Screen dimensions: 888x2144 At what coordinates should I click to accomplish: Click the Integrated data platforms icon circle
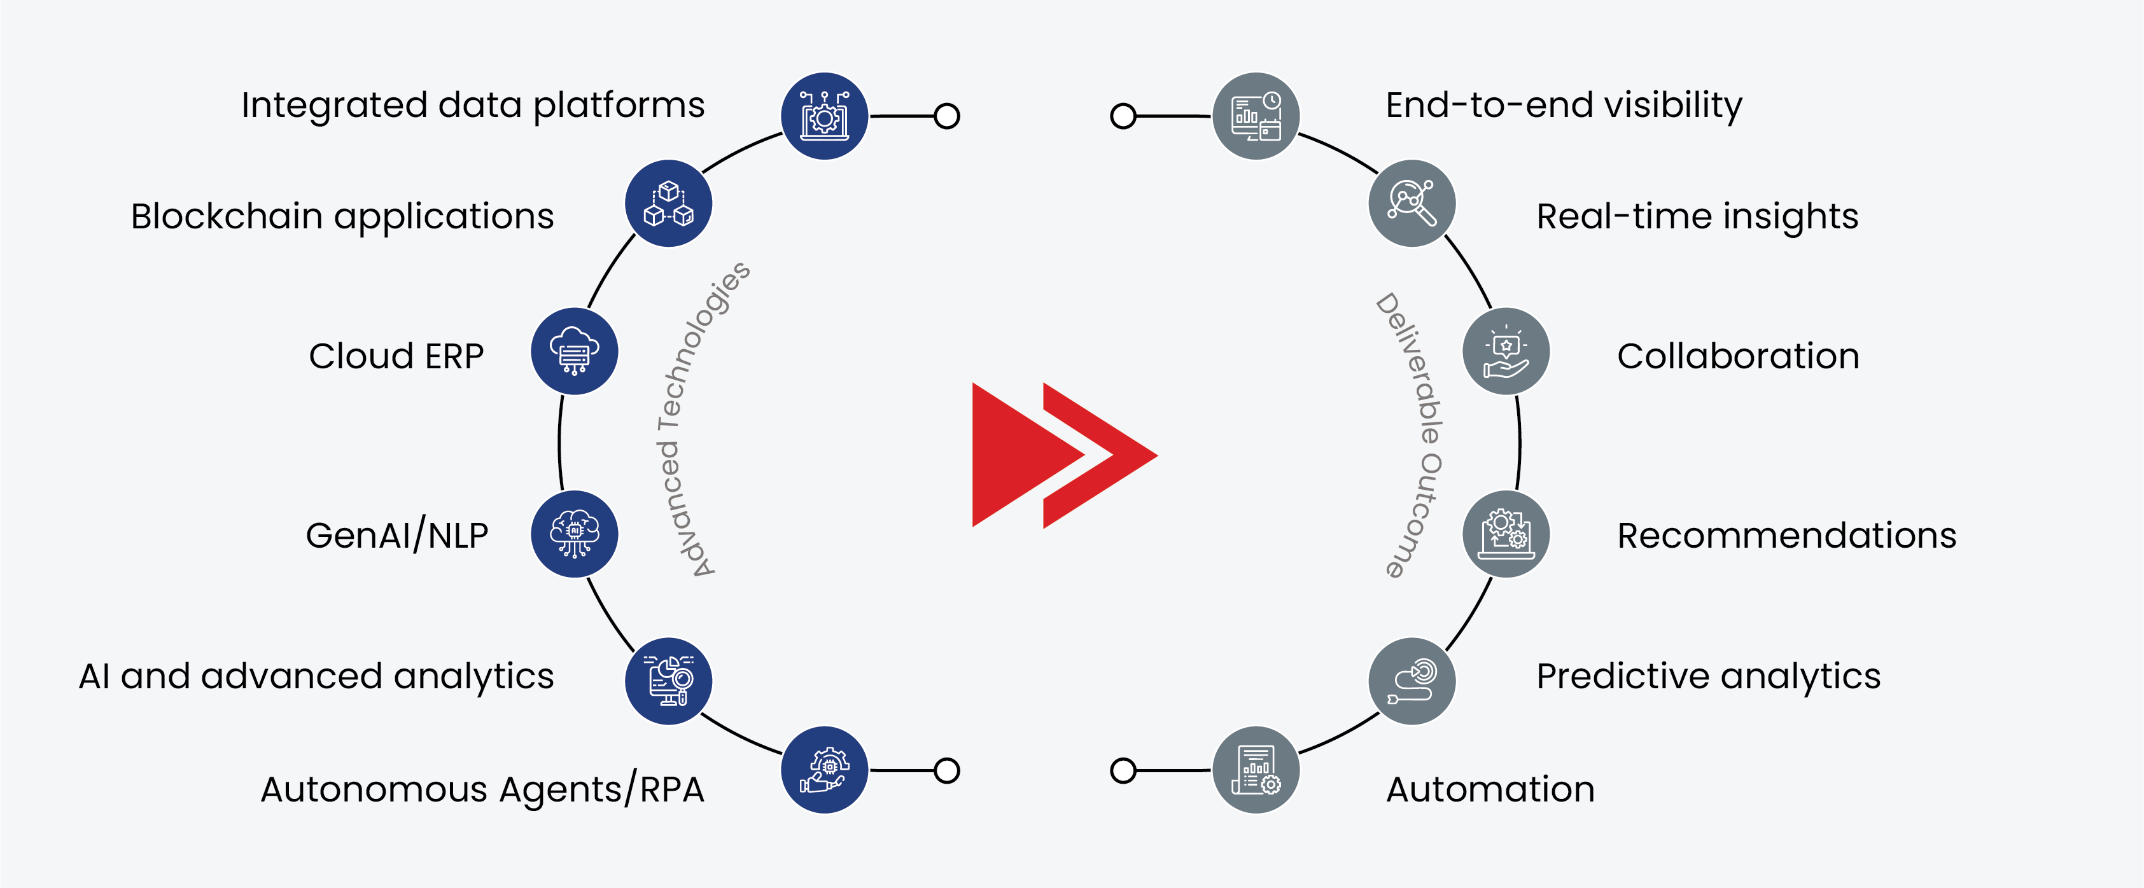824,116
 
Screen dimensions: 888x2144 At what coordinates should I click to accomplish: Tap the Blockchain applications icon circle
668,203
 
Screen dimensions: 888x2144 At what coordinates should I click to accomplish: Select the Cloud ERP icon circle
574,351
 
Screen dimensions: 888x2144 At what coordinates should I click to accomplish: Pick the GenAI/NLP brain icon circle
574,534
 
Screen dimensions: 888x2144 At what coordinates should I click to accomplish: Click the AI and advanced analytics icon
668,681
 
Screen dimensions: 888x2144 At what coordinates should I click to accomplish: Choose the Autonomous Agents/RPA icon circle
824,770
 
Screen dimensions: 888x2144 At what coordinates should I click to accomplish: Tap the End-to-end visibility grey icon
1256,116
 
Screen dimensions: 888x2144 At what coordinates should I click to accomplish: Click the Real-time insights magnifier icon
1412,203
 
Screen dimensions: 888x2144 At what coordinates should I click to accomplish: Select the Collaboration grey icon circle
1506,351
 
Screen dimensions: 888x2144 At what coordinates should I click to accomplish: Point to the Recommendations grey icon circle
1506,534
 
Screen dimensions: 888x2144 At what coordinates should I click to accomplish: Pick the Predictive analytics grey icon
1412,681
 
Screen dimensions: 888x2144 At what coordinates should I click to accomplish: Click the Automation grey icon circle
1256,770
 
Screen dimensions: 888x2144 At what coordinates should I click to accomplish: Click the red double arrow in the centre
1063,455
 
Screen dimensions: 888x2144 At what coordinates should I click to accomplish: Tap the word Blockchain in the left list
227,216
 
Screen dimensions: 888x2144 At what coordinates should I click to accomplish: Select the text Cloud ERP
396,356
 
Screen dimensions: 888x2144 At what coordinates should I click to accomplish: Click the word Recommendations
1786,535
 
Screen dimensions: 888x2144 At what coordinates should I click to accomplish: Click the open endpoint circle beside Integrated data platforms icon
946,116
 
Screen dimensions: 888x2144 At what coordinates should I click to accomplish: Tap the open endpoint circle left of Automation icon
1123,770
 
